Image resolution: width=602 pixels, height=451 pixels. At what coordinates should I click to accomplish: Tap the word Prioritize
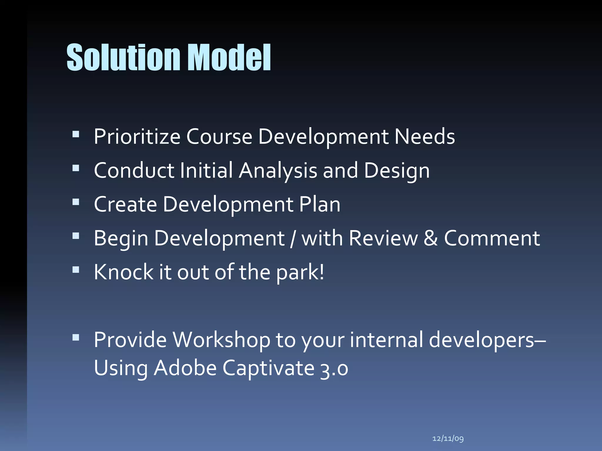[137, 137]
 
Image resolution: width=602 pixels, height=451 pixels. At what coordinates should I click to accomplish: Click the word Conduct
[134, 171]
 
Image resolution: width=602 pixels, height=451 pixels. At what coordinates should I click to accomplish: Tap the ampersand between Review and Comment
[431, 238]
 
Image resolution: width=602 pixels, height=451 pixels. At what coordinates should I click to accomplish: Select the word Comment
[492, 238]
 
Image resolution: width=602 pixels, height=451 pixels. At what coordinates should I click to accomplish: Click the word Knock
[123, 272]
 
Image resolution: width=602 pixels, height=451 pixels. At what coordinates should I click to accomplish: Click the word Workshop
[221, 340]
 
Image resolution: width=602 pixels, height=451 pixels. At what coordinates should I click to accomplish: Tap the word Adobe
[185, 368]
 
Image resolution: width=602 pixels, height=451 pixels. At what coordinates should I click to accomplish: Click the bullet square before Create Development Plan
[76, 202]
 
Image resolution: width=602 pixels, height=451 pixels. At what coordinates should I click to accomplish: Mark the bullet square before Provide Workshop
[76, 337]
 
